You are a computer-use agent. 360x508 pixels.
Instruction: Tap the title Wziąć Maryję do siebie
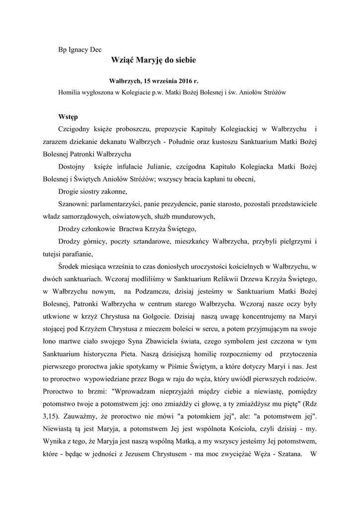(x=154, y=60)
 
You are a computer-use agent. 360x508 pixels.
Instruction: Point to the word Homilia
(x=70, y=92)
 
